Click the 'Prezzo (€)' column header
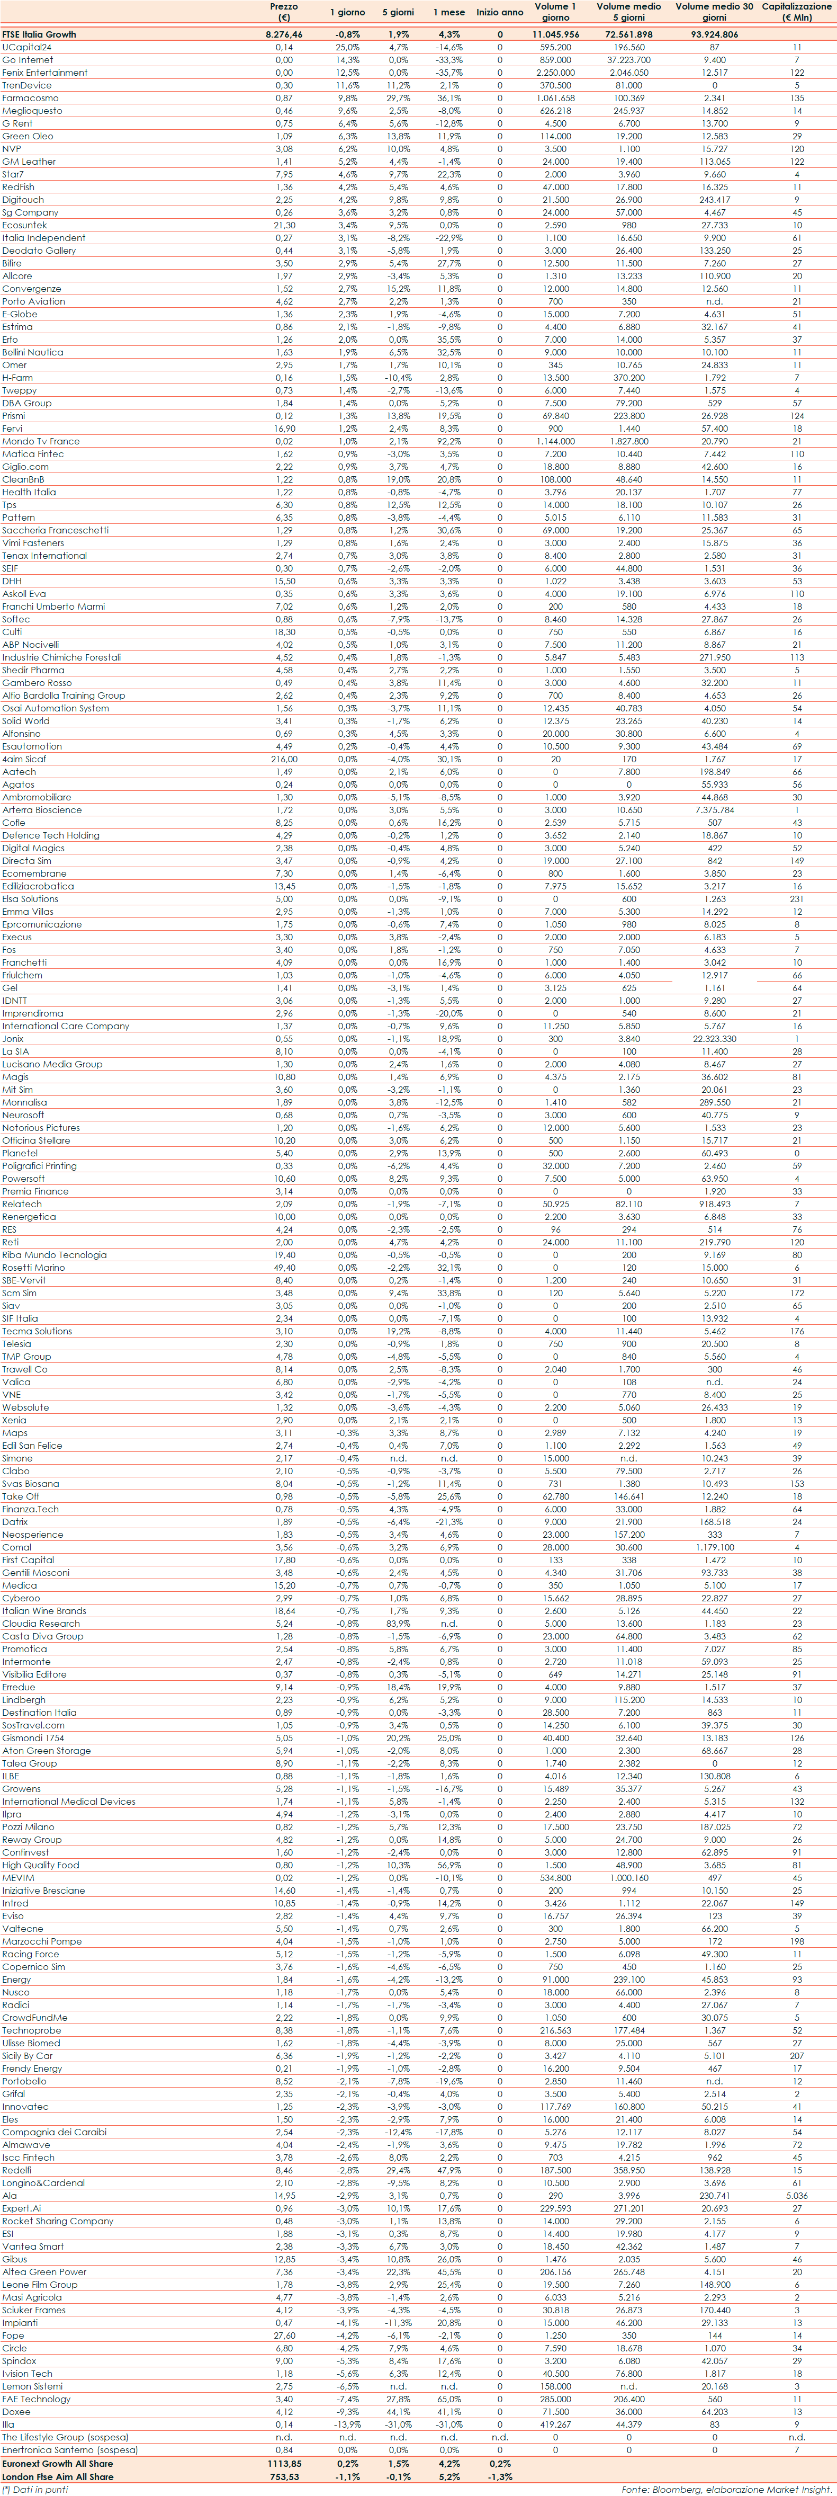click(284, 12)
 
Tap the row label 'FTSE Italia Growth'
click(39, 34)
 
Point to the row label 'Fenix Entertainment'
click(44, 73)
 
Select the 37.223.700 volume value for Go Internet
click(629, 60)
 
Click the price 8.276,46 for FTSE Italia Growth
click(284, 34)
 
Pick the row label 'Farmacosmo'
click(30, 98)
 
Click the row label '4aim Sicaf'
click(24, 759)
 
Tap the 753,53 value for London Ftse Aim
click(284, 2476)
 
